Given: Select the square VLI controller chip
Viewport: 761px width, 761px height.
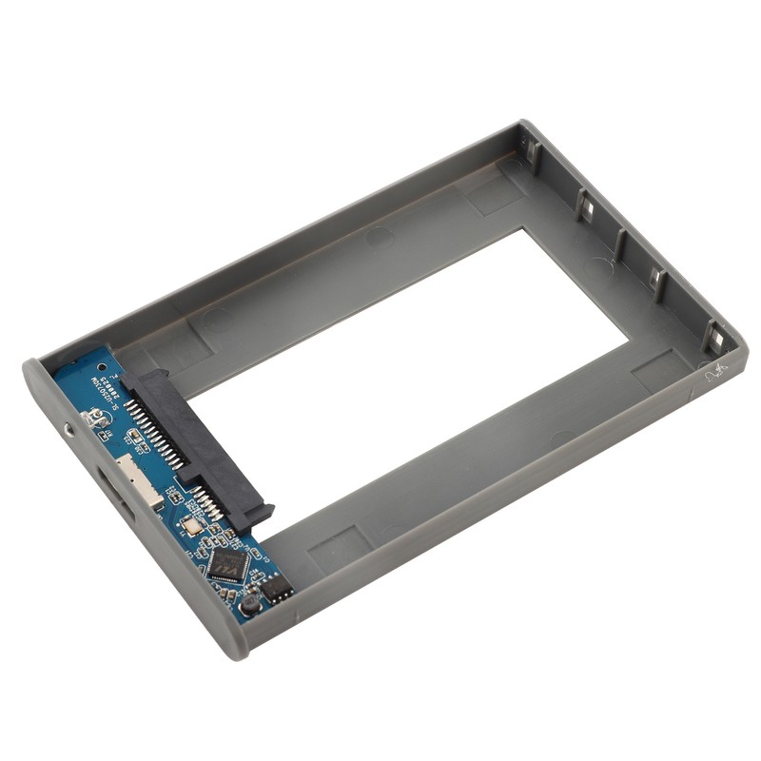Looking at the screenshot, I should [x=228, y=564].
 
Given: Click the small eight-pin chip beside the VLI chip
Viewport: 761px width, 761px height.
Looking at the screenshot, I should [x=277, y=588].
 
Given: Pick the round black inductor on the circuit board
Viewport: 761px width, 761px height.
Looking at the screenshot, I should [x=250, y=602].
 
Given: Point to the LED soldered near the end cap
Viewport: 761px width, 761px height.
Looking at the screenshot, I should [x=94, y=419].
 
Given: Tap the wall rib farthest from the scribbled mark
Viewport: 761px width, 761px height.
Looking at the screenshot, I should [x=533, y=152].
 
